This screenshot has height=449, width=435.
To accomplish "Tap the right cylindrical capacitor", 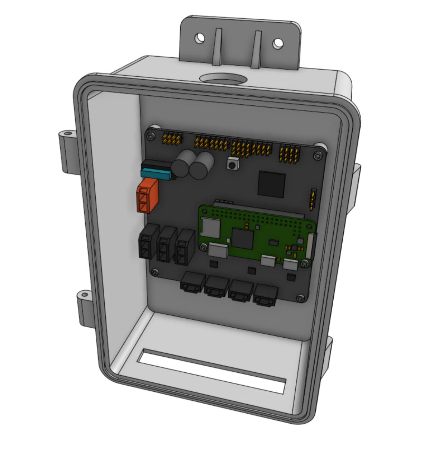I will pos(201,166).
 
